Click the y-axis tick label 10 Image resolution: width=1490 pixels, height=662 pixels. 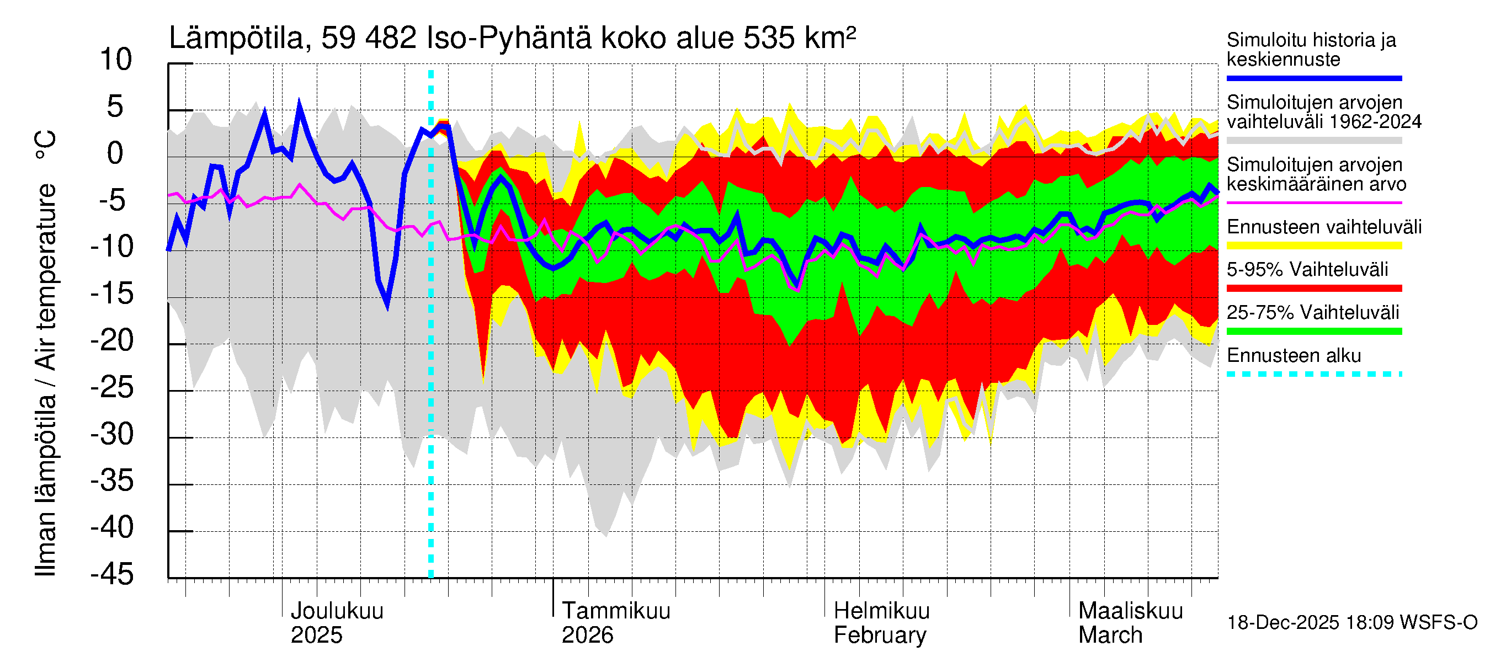pos(116,60)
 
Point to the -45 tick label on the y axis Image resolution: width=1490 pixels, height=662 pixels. pos(112,575)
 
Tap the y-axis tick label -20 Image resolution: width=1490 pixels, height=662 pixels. pos(112,340)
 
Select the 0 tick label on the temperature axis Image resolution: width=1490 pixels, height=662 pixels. pos(116,154)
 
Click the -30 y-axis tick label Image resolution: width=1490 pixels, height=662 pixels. pos(112,434)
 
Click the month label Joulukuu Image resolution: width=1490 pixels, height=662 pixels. pos(337,611)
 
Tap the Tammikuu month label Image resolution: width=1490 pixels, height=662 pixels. pos(616,611)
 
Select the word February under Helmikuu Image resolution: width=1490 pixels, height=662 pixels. pos(880,636)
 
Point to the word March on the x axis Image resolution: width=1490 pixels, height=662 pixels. pos(1110,636)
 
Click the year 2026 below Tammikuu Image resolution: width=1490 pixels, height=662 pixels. pos(587,636)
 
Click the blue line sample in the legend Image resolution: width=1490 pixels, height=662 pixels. pos(1313,78)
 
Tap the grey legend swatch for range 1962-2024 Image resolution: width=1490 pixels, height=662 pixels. pos(1313,141)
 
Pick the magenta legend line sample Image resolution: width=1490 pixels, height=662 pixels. pos(1313,203)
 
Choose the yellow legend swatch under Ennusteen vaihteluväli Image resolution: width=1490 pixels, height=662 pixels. pos(1313,245)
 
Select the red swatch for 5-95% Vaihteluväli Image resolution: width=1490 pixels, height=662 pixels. pos(1313,288)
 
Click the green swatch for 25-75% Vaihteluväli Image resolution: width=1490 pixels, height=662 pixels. pos(1313,332)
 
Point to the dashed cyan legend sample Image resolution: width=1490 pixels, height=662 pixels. pos(1313,374)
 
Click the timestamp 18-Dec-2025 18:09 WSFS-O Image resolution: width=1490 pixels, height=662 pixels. pos(1351,623)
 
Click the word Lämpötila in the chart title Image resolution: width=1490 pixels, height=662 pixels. pos(236,38)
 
